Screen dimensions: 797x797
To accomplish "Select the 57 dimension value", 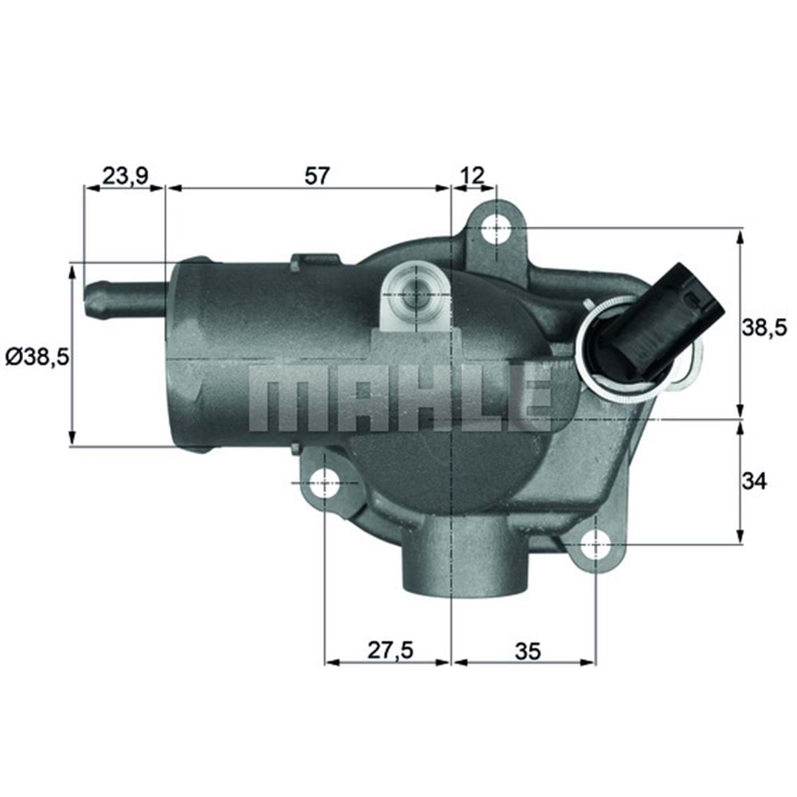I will pos(316,175).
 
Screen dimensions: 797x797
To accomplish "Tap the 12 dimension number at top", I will pos(473,175).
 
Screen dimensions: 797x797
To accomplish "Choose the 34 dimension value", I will pos(756,481).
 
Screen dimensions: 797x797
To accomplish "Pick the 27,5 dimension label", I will pos(391,650).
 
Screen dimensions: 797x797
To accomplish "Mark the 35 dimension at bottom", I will pos(527,650).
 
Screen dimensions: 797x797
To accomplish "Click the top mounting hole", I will pos(496,228).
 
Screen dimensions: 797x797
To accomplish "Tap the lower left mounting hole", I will pos(326,482).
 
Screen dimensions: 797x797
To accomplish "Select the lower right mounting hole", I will pos(595,545).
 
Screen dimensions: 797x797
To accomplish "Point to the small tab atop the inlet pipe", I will pos(316,260).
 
